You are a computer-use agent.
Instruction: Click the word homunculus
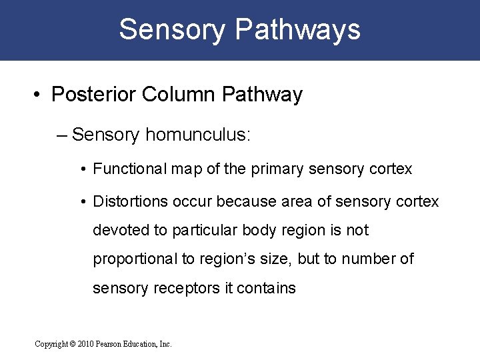tap(197, 135)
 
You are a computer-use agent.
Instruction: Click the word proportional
tap(134, 259)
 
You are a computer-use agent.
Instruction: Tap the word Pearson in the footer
tap(109, 344)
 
